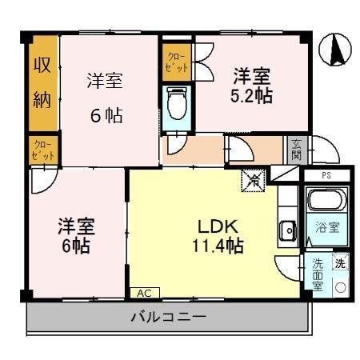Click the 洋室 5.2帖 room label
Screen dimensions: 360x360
tap(252, 86)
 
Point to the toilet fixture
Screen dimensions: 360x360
tap(176, 103)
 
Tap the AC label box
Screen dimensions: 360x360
tap(145, 293)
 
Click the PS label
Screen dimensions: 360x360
tap(326, 174)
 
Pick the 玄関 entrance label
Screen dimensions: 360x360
tap(297, 150)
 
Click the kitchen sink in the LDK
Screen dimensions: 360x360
tap(287, 233)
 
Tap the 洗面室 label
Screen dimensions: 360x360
tap(318, 275)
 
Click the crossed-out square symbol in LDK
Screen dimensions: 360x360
tap(252, 182)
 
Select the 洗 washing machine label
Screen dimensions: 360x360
tap(340, 262)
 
